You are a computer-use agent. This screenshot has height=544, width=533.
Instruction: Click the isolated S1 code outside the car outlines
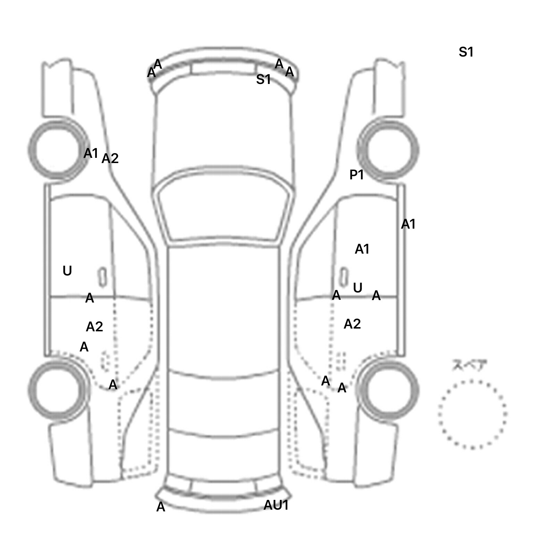click(x=466, y=52)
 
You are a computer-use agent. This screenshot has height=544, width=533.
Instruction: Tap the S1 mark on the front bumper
click(x=263, y=79)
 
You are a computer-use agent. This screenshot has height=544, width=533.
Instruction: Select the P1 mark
click(x=357, y=175)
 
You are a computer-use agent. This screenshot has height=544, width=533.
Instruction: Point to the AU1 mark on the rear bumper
click(x=276, y=505)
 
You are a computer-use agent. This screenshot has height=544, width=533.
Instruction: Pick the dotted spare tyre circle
click(x=472, y=414)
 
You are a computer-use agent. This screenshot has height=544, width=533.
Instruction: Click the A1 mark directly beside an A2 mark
click(x=91, y=153)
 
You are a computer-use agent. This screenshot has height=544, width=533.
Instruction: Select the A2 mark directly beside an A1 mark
click(x=110, y=159)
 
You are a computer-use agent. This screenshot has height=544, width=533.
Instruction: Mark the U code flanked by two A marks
click(x=357, y=288)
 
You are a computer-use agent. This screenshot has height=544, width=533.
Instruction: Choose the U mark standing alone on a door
click(x=67, y=271)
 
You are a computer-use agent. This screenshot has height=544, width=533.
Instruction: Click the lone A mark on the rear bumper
click(x=161, y=507)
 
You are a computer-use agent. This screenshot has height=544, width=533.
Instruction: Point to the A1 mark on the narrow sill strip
click(x=408, y=224)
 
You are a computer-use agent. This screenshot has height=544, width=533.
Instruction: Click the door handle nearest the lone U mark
click(x=102, y=277)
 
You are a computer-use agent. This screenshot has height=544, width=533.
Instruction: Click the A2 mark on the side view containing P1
click(x=352, y=324)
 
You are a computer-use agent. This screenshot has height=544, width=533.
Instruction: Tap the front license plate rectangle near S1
click(x=224, y=69)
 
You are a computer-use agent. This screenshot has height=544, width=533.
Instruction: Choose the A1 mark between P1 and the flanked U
click(x=362, y=249)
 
